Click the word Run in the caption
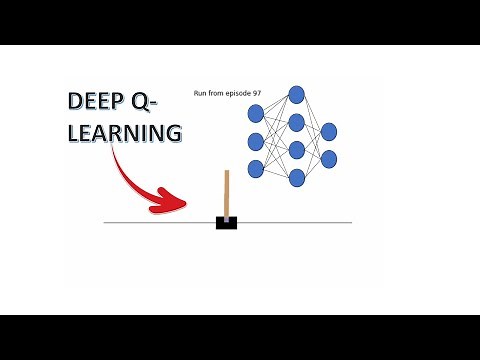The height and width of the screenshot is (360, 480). pos(200,94)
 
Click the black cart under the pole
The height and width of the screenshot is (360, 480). pos(226,221)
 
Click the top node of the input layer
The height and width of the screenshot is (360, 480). pos(255,113)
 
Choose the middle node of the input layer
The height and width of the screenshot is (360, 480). pos(255,141)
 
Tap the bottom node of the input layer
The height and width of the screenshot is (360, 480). pos(255,169)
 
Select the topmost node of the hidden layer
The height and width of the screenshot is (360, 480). pos(296,95)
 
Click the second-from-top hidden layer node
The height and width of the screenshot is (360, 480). pos(296,123)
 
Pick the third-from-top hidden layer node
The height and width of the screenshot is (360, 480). pos(296,151)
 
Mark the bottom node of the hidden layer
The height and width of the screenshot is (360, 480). pos(296,178)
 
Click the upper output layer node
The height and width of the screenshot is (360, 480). pos(328,131)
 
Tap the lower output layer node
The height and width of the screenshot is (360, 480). pos(328,158)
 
